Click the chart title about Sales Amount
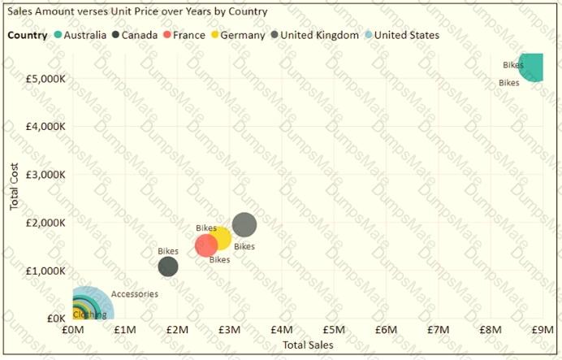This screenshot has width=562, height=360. click(x=137, y=12)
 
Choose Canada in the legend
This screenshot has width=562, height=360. click(x=140, y=35)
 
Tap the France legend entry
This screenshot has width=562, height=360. click(x=188, y=35)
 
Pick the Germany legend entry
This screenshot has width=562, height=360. click(x=242, y=35)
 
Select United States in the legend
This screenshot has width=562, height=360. click(x=406, y=35)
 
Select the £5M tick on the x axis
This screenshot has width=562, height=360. click(x=334, y=330)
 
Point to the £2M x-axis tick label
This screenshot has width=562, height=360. click(x=177, y=330)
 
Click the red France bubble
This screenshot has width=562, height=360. click(x=207, y=244)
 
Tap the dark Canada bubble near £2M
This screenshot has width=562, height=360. click(x=167, y=266)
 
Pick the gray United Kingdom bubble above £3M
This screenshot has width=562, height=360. click(x=244, y=225)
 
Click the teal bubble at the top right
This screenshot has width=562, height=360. click(x=532, y=67)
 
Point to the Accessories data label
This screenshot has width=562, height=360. click(x=134, y=294)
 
